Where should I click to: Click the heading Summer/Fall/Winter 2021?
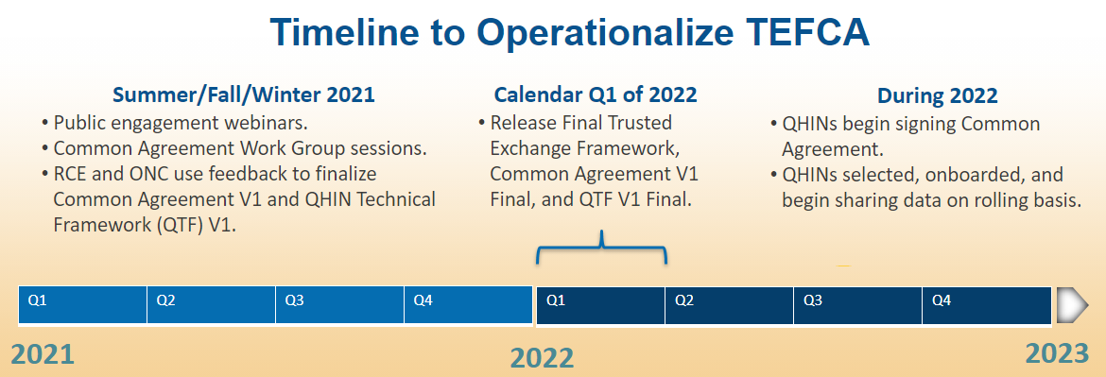(x=244, y=94)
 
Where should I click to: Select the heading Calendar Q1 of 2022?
(x=596, y=94)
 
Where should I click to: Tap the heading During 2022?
(x=938, y=94)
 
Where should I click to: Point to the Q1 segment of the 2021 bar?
(x=82, y=305)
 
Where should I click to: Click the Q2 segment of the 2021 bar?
(x=211, y=305)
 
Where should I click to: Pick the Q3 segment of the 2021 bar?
(x=339, y=305)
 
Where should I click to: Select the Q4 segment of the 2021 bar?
(x=468, y=305)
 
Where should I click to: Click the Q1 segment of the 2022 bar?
(x=600, y=305)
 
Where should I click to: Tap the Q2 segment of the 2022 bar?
(x=730, y=305)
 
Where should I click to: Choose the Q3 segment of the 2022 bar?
(x=857, y=305)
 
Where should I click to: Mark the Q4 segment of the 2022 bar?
(x=987, y=305)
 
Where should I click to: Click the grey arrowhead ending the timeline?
(x=1071, y=305)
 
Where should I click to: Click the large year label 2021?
(x=43, y=354)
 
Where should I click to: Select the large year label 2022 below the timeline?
(x=542, y=358)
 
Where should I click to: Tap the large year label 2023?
(x=1058, y=353)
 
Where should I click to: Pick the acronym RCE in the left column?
(x=68, y=174)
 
